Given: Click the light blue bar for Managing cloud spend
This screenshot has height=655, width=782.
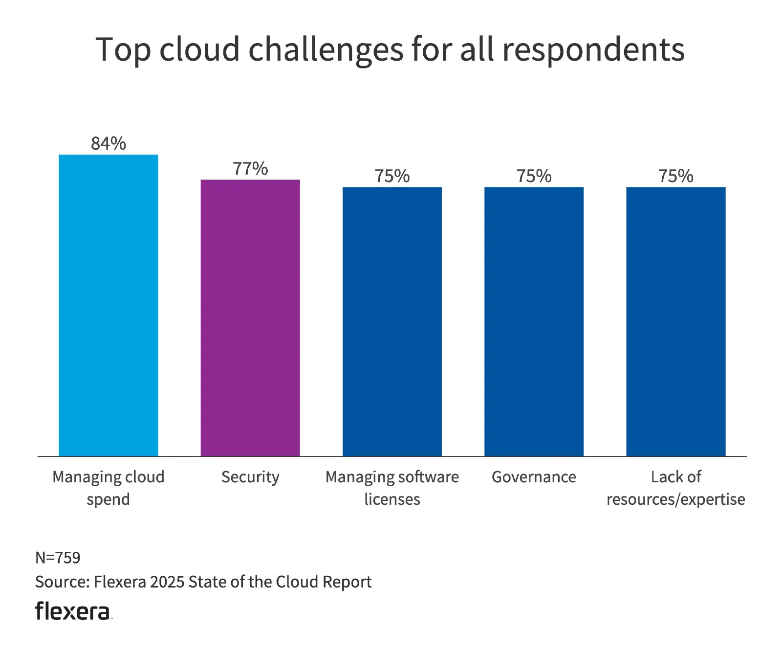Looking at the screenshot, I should (x=108, y=306).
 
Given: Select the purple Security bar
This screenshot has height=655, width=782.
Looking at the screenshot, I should (x=250, y=318).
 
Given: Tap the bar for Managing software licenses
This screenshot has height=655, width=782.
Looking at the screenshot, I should (x=392, y=321).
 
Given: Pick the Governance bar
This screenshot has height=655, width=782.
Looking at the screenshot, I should (x=534, y=321).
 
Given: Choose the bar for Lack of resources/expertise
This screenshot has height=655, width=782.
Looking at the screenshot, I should (x=675, y=321).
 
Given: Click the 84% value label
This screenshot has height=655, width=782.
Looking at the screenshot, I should (x=108, y=143).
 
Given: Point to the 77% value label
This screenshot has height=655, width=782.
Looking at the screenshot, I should (x=250, y=168).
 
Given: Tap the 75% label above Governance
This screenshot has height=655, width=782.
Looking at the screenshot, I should (x=534, y=176).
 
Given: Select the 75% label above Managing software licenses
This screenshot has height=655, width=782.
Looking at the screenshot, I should (x=392, y=176).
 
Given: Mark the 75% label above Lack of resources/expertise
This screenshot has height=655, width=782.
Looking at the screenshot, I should (x=675, y=176).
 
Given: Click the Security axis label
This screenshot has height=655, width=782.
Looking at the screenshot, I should (x=250, y=477).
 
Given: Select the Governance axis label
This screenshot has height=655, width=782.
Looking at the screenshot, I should (x=534, y=477).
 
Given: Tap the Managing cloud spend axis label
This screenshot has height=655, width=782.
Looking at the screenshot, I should (x=108, y=488).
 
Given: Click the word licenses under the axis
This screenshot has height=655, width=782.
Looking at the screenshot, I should (x=392, y=499).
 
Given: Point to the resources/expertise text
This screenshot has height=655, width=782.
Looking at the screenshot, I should (x=675, y=499).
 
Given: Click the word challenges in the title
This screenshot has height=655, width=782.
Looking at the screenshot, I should (x=326, y=50).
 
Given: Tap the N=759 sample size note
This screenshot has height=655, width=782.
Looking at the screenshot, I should (x=58, y=558).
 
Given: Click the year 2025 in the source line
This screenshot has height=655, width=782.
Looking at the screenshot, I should (x=167, y=582).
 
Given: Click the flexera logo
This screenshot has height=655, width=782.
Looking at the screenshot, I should (x=73, y=611).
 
